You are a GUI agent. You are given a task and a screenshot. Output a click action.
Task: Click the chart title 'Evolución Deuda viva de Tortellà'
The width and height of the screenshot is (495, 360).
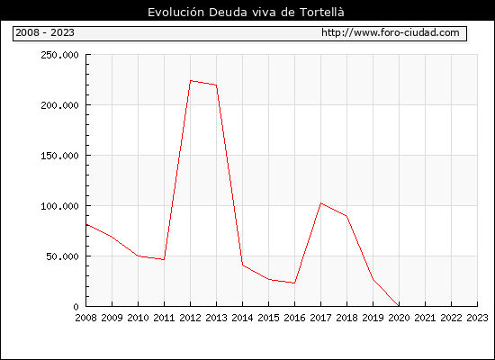pos(246,13)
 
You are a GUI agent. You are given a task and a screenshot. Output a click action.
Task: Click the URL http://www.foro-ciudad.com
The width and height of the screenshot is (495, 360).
pos(391,32)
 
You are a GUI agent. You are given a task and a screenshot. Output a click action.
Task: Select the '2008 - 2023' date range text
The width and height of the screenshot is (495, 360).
pos(45,32)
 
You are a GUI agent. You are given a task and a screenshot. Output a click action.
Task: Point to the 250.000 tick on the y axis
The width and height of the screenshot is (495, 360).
pos(59,55)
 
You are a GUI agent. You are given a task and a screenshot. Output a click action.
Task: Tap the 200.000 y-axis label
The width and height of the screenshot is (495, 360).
pos(59,105)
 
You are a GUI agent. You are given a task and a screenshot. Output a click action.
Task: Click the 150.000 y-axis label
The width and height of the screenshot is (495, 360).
pos(59,156)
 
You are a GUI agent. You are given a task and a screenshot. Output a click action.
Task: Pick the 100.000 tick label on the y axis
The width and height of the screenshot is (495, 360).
pos(59,206)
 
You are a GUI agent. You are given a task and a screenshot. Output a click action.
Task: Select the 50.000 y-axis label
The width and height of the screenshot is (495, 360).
pos(62,256)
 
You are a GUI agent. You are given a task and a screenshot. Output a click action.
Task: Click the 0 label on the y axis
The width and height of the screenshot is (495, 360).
pos(76,307)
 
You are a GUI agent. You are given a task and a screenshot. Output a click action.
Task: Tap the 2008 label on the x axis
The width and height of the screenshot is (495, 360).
pos(85,318)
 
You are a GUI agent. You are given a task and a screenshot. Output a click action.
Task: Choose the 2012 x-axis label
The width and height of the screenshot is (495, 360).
pos(191,318)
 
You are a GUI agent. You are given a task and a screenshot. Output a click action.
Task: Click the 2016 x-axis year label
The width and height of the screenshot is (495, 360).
pos(294,318)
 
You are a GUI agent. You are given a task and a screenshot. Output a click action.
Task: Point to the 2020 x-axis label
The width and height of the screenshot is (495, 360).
pos(399,318)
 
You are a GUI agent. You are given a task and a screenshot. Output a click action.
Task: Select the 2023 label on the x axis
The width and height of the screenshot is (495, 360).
pos(477,318)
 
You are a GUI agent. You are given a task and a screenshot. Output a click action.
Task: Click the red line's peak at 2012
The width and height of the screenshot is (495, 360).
pos(191,80)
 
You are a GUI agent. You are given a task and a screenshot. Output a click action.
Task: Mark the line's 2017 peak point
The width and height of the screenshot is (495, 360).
pos(320,203)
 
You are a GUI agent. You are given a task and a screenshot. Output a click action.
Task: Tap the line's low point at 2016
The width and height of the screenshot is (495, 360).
pos(294,283)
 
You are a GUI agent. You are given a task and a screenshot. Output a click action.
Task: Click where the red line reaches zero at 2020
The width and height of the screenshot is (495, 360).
pos(399,306)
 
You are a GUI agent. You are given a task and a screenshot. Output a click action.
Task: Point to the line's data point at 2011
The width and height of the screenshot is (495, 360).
pos(164,259)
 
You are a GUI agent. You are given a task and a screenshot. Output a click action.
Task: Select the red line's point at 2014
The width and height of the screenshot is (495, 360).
pos(242,265)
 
